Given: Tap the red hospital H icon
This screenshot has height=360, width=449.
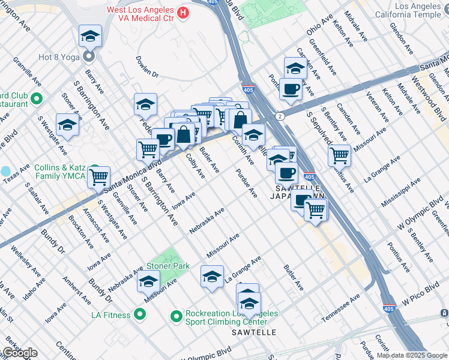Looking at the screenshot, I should (x=184, y=11).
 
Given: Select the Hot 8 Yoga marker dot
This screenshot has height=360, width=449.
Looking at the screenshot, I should (x=89, y=58).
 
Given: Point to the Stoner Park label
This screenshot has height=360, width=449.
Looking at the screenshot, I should (x=167, y=266).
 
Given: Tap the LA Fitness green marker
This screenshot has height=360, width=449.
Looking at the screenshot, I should (x=140, y=314).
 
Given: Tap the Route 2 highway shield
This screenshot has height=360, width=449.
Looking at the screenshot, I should (x=279, y=115).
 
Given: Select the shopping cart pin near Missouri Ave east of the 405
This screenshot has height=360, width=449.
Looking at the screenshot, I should (x=340, y=156).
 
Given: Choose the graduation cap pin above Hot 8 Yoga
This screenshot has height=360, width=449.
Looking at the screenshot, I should (x=90, y=37).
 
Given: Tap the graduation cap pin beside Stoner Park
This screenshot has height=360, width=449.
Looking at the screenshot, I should (x=148, y=281).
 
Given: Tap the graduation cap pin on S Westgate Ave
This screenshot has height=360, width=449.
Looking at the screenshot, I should (x=67, y=125).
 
